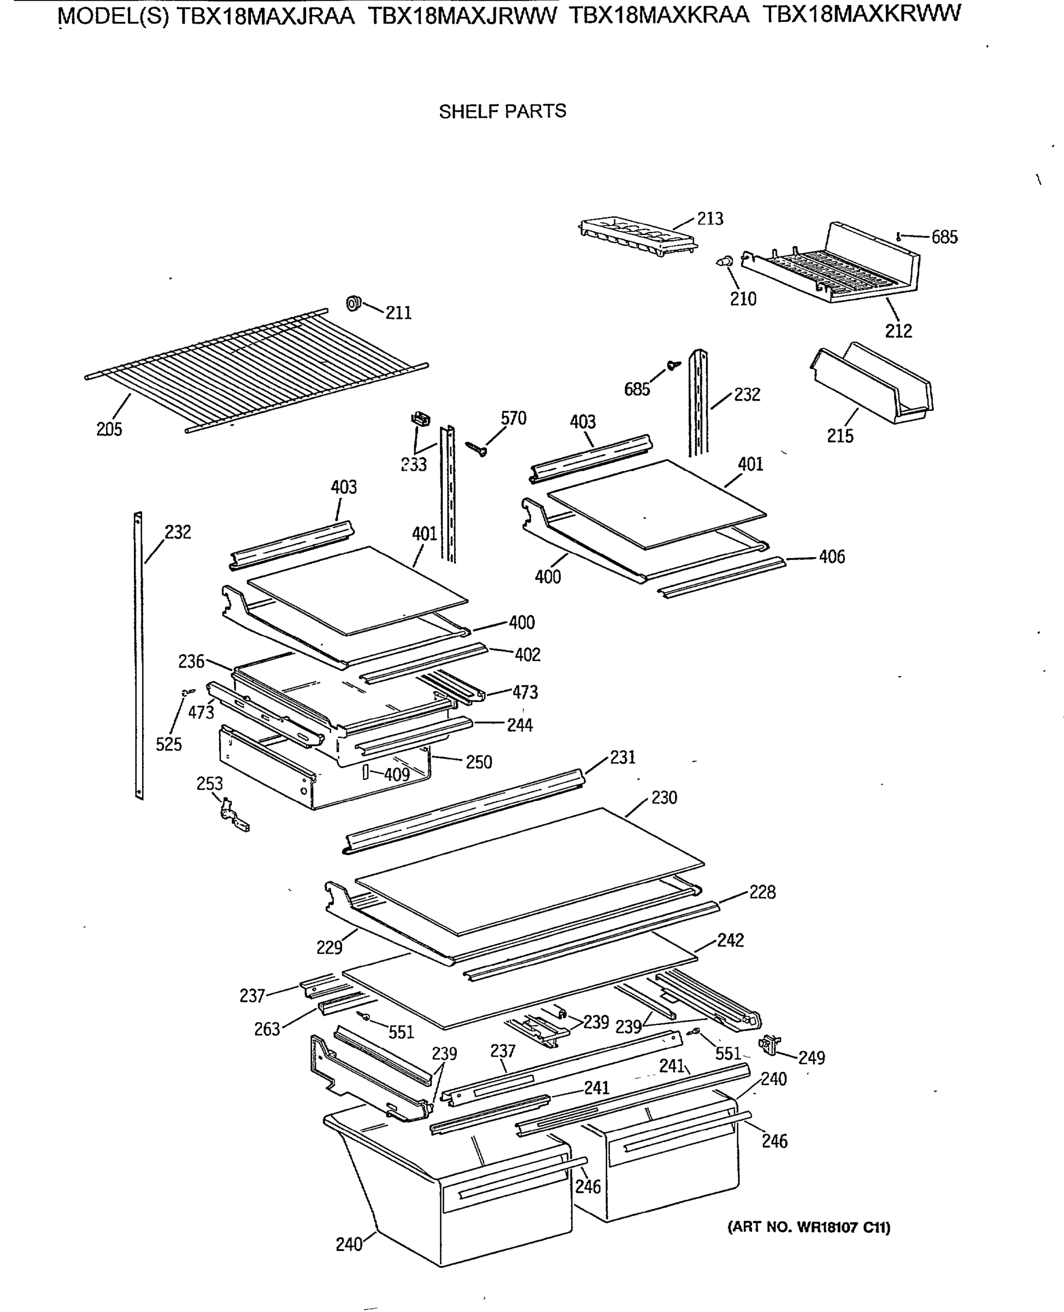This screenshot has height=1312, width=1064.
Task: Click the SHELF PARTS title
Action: pyautogui.click(x=502, y=111)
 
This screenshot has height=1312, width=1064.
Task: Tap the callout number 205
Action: pyautogui.click(x=109, y=429)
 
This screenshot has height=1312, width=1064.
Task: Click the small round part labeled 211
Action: pyautogui.click(x=354, y=303)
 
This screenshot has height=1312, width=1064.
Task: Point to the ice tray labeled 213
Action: pyautogui.click(x=637, y=237)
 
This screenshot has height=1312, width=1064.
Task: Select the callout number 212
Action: pyautogui.click(x=898, y=331)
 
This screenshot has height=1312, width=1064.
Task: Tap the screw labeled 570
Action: pyautogui.click(x=476, y=449)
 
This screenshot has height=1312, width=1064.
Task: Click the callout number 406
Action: pyautogui.click(x=831, y=557)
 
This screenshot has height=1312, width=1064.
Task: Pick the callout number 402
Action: pyautogui.click(x=527, y=654)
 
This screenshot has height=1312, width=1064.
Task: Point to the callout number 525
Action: pyautogui.click(x=168, y=744)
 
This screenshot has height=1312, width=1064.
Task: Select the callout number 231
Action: pyautogui.click(x=622, y=757)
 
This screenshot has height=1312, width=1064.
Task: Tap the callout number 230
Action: pyautogui.click(x=664, y=798)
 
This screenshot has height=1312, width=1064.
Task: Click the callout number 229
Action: pyautogui.click(x=329, y=948)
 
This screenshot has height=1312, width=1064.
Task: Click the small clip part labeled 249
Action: pyautogui.click(x=770, y=1045)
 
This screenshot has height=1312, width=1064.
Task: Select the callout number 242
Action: pyautogui.click(x=730, y=940)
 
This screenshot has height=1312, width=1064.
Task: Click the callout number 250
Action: pyautogui.click(x=479, y=762)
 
